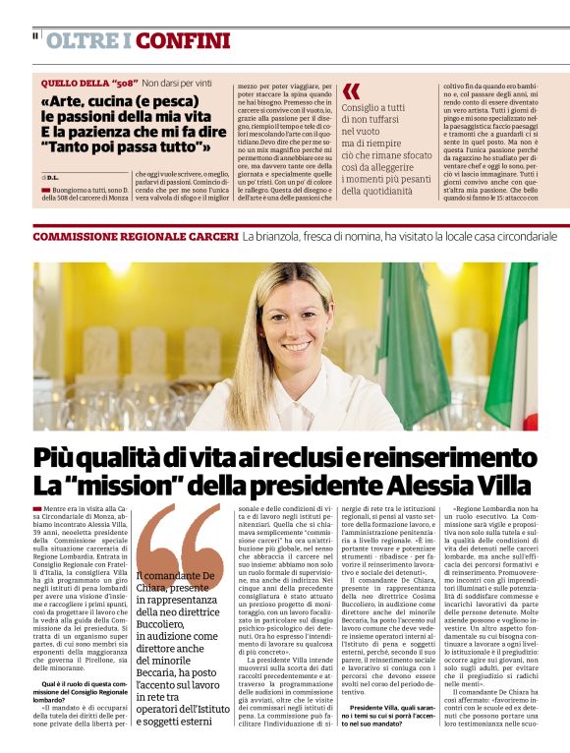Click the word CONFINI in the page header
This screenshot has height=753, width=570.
click(x=183, y=41)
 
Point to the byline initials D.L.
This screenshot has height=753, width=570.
click(x=51, y=176)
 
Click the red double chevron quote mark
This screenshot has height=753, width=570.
click(x=351, y=91)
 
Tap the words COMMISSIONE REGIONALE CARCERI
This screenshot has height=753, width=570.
click(x=136, y=237)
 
